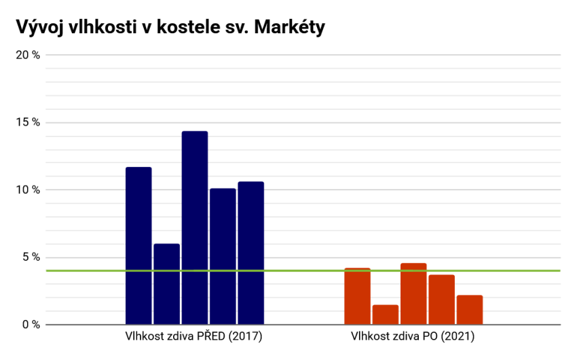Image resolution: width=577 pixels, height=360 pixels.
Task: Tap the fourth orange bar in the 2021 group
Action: [x=441, y=300]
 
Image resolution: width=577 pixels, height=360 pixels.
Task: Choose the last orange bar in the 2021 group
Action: [x=470, y=310]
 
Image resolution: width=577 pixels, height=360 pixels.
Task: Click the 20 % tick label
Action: [x=29, y=55]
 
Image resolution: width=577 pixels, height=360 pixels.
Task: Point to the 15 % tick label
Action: [x=29, y=122]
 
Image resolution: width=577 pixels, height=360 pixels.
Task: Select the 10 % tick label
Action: [x=29, y=190]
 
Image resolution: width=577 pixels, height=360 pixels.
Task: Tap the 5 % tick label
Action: [x=31, y=257]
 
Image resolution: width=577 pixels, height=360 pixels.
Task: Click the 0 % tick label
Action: [x=31, y=325]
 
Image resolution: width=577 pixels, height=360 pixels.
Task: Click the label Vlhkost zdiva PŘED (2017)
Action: [x=193, y=336]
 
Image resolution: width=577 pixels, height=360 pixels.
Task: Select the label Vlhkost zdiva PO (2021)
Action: [x=413, y=336]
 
